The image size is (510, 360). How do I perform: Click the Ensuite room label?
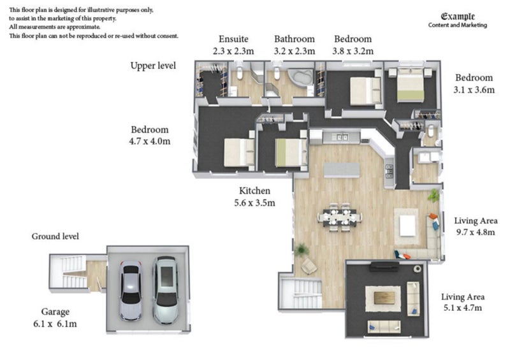[x=233, y=39]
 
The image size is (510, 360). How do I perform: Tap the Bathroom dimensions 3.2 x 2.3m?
[x=295, y=51]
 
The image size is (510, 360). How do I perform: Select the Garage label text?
[x=55, y=312]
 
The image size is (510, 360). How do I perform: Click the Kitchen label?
[x=254, y=191]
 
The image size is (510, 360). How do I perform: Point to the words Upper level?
[x=153, y=66]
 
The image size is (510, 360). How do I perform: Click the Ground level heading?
[x=55, y=236]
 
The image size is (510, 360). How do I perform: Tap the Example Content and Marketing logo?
[x=458, y=20]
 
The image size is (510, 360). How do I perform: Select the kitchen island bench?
[x=342, y=170]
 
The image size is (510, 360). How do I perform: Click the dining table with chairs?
[x=340, y=217]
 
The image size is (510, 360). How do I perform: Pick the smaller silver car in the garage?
[x=131, y=291]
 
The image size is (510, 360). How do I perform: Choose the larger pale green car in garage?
[x=166, y=290]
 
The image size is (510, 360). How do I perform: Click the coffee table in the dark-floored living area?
[x=384, y=298]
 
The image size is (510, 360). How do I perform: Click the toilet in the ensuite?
[x=240, y=73]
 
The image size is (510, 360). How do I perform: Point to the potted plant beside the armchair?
[x=302, y=250]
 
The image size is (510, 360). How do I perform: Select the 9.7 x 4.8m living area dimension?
[x=476, y=232]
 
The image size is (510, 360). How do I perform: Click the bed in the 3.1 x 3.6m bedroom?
[x=411, y=84]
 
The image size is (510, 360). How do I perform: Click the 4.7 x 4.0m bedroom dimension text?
[x=150, y=141]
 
